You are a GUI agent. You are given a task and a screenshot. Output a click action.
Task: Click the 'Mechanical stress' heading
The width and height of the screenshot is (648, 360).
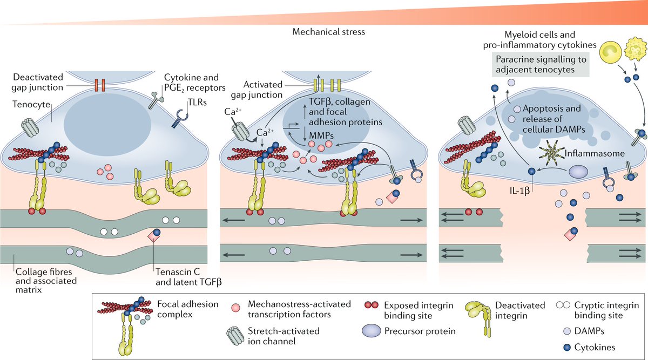(328, 32)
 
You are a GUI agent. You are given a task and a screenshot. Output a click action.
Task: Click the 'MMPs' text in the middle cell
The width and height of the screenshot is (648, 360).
(303, 133)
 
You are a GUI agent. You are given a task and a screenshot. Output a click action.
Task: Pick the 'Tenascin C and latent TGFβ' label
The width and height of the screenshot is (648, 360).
(184, 276)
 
